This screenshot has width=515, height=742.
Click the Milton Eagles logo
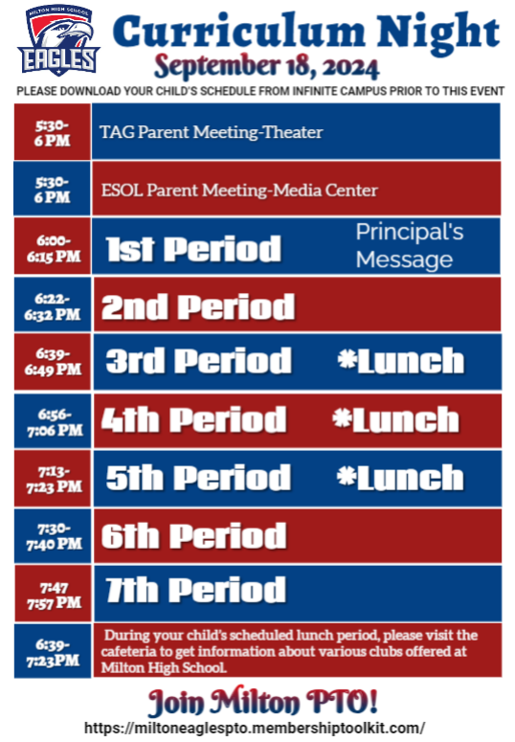pos(58,40)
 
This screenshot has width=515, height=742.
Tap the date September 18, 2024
pos(266,66)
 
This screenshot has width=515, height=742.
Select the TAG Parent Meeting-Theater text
pos(212,132)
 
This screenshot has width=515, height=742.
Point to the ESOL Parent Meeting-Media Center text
pos(239,191)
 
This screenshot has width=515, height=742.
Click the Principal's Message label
pos(410,246)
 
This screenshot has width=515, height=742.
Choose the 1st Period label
pos(193,248)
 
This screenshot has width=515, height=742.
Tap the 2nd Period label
pos(198,306)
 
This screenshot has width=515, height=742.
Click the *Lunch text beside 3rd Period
pos(400,361)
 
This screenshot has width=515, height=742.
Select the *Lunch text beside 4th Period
pos(395,419)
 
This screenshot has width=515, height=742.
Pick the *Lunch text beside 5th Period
pos(400,477)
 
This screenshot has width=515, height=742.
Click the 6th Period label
pos(194,536)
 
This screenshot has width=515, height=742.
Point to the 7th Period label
pos(195,590)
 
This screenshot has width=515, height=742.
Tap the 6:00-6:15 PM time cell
pos(53,246)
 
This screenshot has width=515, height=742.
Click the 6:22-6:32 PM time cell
pos(53,304)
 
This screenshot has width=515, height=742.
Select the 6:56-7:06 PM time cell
pos(53,421)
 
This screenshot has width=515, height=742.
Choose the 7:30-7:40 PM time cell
pos(53,536)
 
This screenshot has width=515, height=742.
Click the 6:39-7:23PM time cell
pos(53,651)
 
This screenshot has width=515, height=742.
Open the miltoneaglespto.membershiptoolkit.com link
pos(255,728)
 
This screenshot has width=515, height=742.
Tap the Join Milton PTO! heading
pos(263,701)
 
